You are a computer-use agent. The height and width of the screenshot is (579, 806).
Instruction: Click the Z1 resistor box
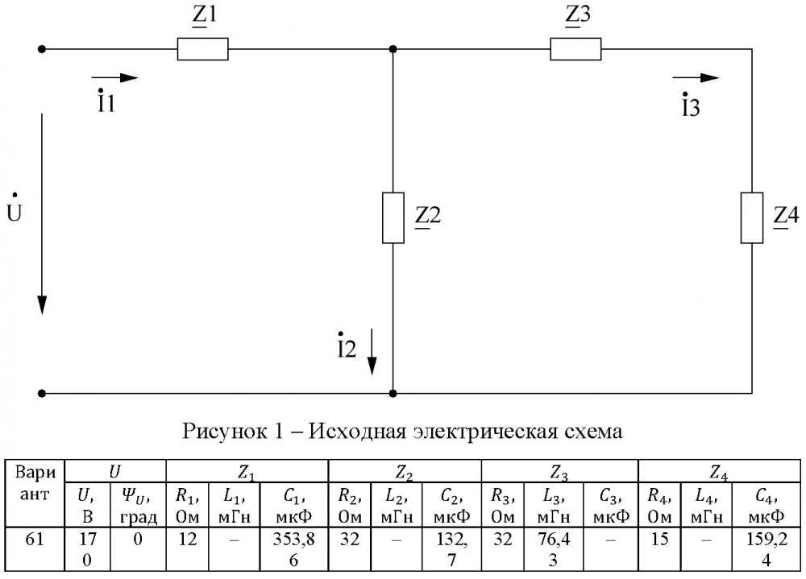[x=202, y=49]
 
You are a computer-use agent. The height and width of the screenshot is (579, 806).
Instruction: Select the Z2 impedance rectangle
[x=393, y=218]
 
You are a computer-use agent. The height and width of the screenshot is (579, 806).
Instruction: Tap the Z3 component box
[x=575, y=49]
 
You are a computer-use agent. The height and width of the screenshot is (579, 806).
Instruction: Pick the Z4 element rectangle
[x=751, y=218]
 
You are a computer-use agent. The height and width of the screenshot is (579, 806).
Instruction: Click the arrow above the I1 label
[x=114, y=78]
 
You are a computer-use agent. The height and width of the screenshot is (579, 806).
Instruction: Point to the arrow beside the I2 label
[x=372, y=352]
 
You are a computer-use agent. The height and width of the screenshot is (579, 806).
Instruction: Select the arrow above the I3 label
[x=696, y=78]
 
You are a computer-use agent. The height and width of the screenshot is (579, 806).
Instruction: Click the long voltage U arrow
[x=42, y=213]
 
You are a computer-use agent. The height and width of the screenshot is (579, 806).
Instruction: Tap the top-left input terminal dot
[x=42, y=49]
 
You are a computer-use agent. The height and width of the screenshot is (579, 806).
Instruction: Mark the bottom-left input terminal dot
[x=42, y=394]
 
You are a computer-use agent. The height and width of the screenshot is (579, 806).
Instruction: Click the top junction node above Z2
[x=393, y=49]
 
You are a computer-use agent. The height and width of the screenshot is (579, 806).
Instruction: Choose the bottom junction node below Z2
[x=393, y=394]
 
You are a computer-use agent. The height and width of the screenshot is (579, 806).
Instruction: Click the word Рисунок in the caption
[x=226, y=431]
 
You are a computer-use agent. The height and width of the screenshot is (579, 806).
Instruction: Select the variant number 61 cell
[x=35, y=540]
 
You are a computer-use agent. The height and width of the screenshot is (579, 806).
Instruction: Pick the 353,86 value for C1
[x=294, y=549]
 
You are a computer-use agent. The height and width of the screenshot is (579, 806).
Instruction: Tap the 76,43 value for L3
[x=553, y=549]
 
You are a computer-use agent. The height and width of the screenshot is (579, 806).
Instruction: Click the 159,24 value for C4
[x=767, y=549]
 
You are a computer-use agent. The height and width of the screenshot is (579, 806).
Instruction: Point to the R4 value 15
[x=659, y=540]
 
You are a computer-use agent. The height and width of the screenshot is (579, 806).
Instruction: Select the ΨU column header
[x=138, y=506]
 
